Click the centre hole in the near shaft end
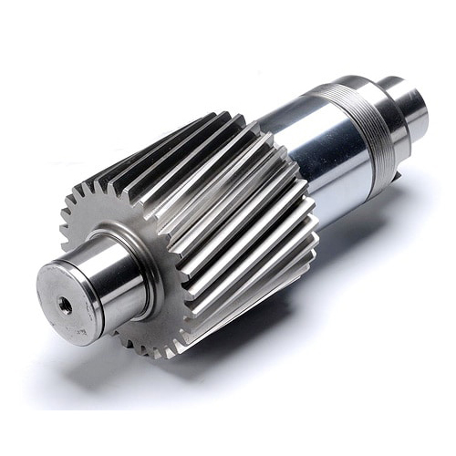coord(66,306)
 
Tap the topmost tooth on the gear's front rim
coord(137,146)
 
